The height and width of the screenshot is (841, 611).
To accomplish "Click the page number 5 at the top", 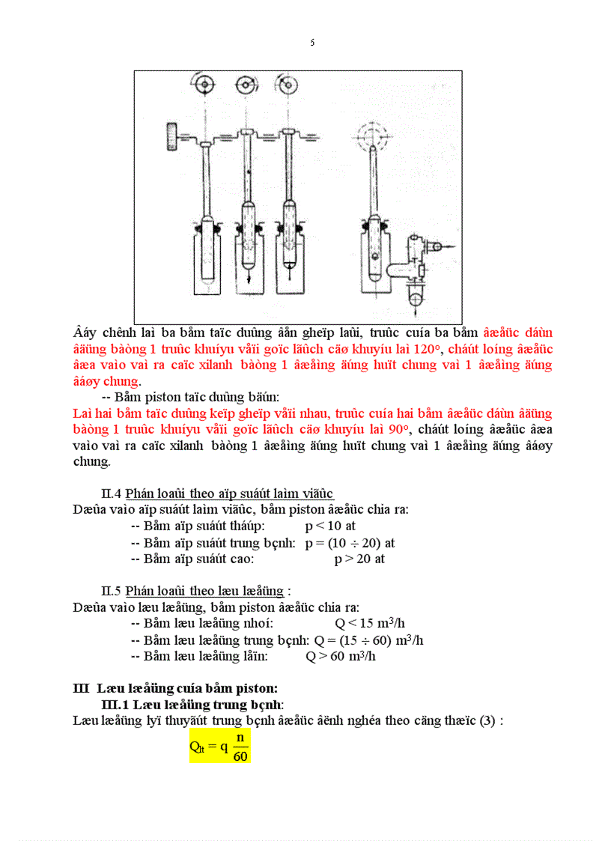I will click(312, 43).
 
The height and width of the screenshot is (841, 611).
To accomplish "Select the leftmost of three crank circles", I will click(203, 85).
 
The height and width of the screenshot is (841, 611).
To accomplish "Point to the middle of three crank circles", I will click(246, 85).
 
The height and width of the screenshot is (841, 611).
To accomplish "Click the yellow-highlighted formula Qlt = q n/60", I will click(219, 747).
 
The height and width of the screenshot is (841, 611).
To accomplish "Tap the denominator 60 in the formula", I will click(240, 756).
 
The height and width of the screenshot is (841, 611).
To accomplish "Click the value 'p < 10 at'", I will click(330, 526).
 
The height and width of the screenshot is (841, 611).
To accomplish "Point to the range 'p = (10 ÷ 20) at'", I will click(350, 543).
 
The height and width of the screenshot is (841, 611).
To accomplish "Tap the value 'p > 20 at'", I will click(359, 559).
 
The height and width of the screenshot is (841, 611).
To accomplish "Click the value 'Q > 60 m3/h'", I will click(341, 657).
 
